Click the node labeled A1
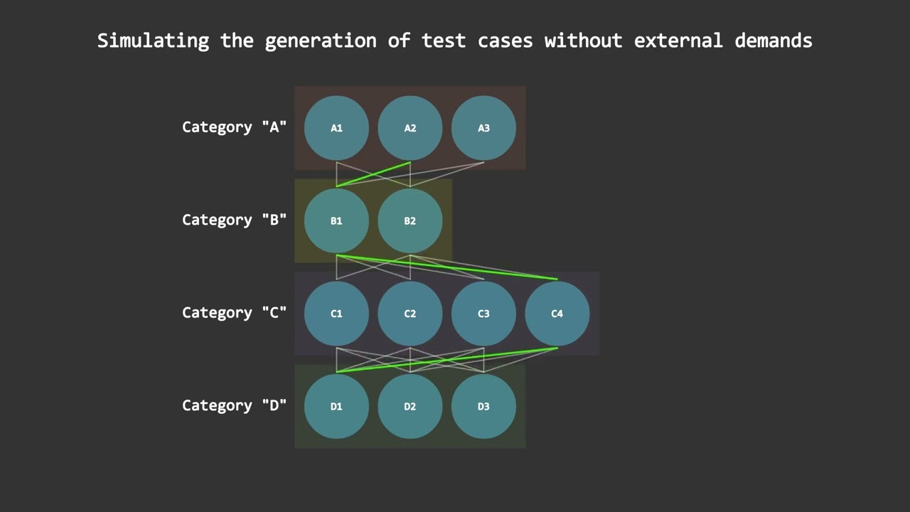(336, 128)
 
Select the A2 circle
(410, 128)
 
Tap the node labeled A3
(483, 128)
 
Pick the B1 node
(336, 220)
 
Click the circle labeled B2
(410, 220)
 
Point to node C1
(336, 314)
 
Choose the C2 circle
(410, 314)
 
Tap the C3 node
(483, 314)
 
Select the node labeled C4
(557, 314)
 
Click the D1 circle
(336, 406)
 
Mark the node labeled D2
(410, 406)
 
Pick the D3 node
(483, 406)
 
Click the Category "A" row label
(234, 127)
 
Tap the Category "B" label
(234, 220)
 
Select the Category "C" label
(234, 313)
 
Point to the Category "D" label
(234, 405)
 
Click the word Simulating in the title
(153, 41)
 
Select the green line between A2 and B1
(373, 174)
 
